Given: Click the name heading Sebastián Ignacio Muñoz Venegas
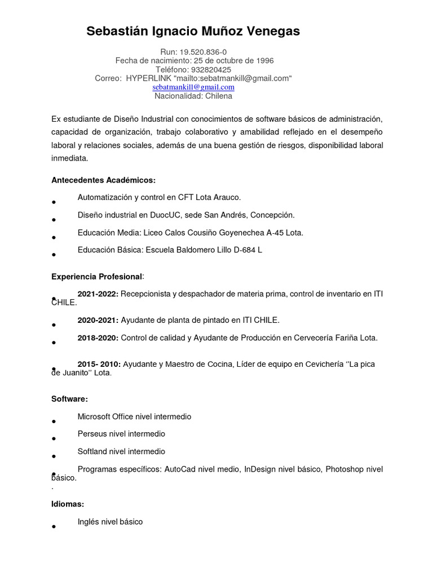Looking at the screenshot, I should click(x=193, y=32).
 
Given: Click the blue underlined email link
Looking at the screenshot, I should click(x=193, y=87).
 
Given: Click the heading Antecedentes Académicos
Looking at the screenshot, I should click(x=103, y=180).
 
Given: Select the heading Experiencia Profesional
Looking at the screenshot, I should click(x=97, y=277).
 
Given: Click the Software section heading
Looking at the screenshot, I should click(x=69, y=399).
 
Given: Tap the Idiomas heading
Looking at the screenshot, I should click(x=68, y=504).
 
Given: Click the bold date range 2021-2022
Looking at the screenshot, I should click(x=98, y=294).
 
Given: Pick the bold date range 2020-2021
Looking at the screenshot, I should click(x=98, y=320).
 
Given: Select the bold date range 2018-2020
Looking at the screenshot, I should click(x=98, y=338).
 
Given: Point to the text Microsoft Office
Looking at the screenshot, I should click(x=105, y=417).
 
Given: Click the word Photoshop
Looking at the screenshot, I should click(x=345, y=469).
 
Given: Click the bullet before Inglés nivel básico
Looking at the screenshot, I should click(x=53, y=527).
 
